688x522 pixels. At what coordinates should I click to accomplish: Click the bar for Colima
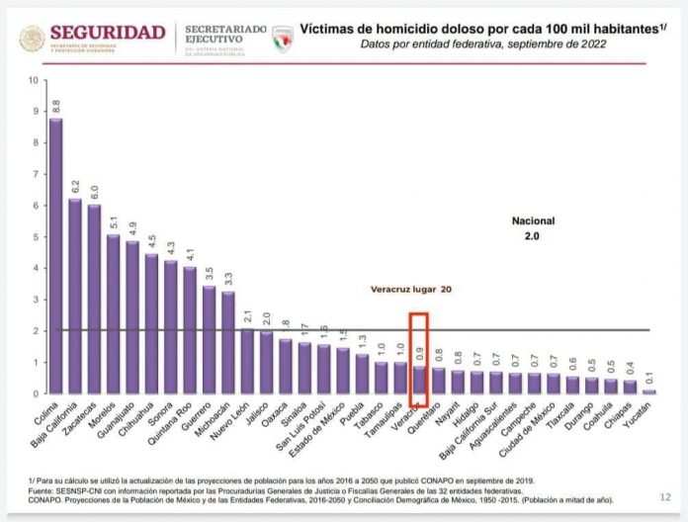coord(56,257)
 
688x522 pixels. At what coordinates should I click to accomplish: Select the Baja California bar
coord(75,297)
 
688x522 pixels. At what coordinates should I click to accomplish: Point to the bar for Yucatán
coord(649,391)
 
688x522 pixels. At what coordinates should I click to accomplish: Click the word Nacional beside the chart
coord(534,220)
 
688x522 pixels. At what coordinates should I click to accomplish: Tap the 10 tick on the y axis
coord(35,81)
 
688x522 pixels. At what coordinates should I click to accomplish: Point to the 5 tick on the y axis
coord(36,237)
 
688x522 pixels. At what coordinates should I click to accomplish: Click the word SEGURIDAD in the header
coord(107,33)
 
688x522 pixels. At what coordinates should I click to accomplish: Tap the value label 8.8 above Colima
coord(56,105)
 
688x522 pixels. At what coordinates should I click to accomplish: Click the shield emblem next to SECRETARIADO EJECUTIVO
coord(282,39)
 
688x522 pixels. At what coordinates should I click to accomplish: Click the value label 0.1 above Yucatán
coord(649,377)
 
